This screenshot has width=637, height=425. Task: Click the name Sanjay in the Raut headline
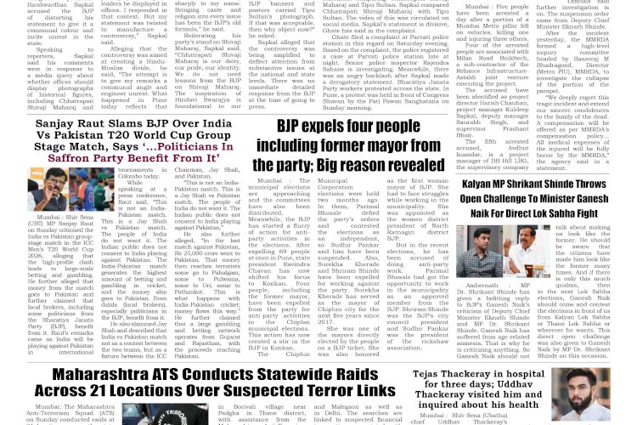(x=57, y=124)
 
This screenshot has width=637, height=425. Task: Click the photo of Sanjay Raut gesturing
(x=59, y=189)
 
